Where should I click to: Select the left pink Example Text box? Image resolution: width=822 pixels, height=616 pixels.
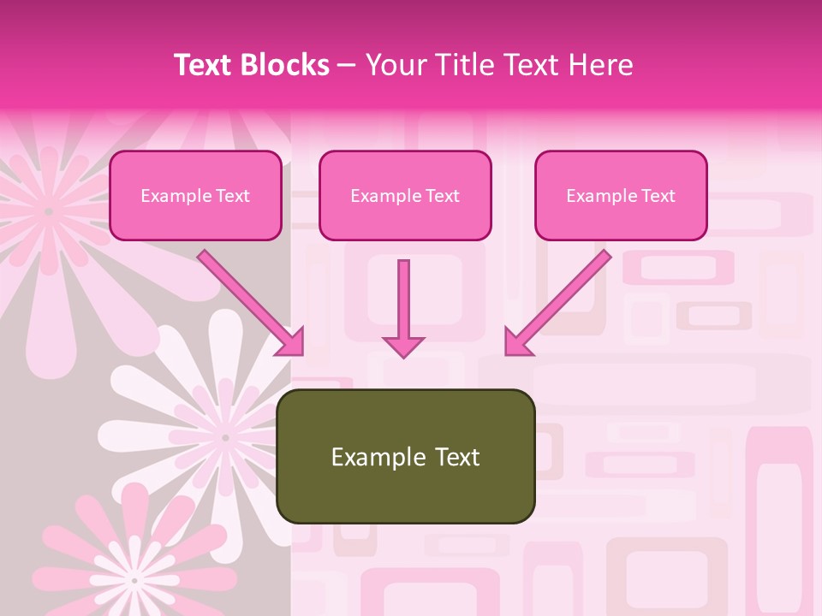click(195, 195)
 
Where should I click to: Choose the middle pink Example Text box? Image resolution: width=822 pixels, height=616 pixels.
click(405, 195)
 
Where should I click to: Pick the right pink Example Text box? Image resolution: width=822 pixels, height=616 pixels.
click(621, 195)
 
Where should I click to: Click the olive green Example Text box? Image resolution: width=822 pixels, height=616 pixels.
click(406, 456)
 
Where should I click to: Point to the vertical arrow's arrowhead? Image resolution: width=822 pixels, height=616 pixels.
click(403, 346)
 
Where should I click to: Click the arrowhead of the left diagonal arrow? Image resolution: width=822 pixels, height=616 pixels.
click(292, 343)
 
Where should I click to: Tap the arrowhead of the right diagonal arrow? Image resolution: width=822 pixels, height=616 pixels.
click(516, 343)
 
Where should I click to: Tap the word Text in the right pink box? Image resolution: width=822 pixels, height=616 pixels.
click(658, 196)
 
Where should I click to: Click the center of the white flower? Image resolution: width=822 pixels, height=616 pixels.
click(225, 437)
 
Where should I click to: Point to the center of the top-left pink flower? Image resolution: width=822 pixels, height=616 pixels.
click(49, 210)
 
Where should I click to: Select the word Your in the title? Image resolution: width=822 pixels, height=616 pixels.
click(391, 66)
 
